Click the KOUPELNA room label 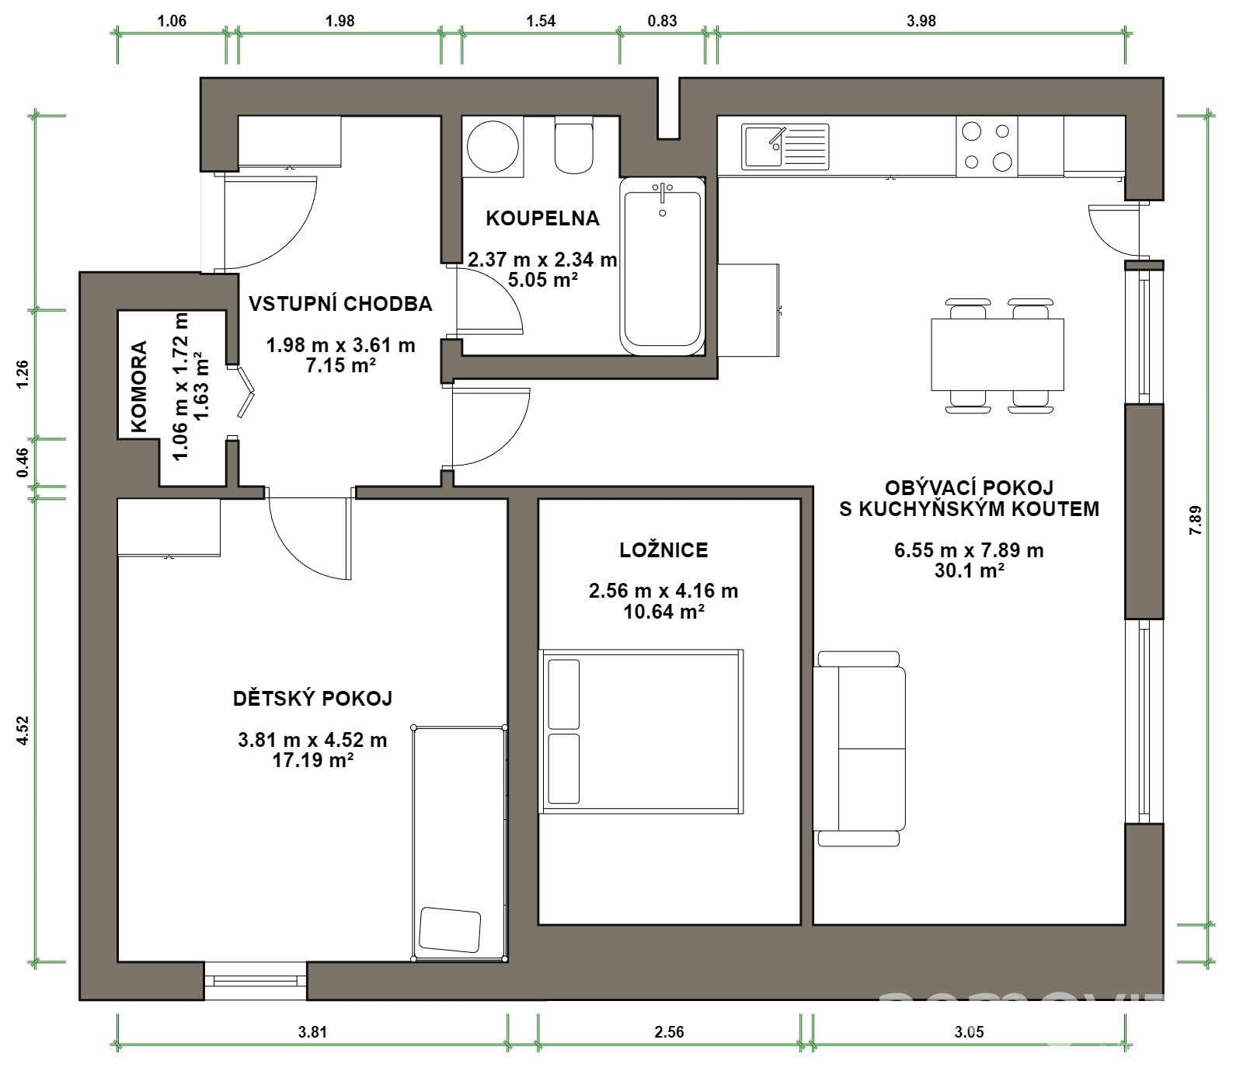point(542,218)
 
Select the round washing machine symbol point(493,145)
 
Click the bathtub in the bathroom point(663,265)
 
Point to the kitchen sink point(785,147)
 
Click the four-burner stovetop point(987,146)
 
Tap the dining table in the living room point(997,354)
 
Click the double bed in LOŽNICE point(642,731)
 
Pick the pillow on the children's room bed point(450,930)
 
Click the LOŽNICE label point(663,550)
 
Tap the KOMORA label point(139,386)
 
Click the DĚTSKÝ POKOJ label point(312,698)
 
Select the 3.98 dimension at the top point(921,21)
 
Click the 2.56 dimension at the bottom point(669,1032)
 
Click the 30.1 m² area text point(969,570)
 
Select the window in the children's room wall point(256,980)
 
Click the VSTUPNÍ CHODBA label point(340,303)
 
